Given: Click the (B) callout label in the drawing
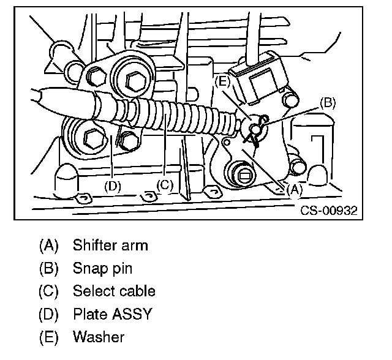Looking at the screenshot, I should coord(328,103).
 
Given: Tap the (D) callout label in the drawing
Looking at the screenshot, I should coord(112,186).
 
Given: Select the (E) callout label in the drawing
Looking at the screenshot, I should coord(222,80).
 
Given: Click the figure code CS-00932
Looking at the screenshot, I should coord(328,211).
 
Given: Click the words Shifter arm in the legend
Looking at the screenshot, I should coord(110,246).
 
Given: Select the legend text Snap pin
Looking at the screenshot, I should coord(102,269).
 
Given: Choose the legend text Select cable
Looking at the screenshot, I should coord(114,291).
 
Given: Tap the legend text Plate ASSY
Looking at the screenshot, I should coord(112,314).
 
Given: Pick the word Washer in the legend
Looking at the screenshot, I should coord(98,337).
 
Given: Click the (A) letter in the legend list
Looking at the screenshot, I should coord(48,246).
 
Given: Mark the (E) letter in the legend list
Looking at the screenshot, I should coord(48,337).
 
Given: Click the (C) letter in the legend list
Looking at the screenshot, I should coord(48,291).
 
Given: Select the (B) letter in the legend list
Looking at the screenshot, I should coord(48,269).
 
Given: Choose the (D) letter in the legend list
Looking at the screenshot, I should coord(48,314).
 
